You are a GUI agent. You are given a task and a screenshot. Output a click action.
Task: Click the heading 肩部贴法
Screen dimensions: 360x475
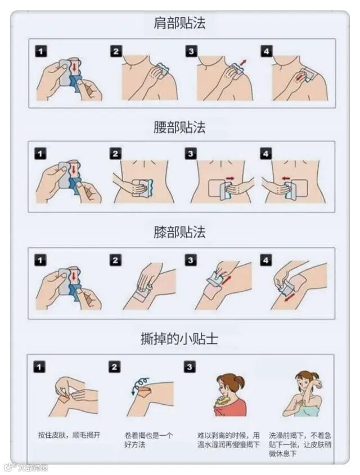(179, 23)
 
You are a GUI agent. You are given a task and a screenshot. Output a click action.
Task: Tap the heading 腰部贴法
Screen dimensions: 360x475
(179, 127)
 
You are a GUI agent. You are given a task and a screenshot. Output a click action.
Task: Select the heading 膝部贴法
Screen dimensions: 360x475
(179, 232)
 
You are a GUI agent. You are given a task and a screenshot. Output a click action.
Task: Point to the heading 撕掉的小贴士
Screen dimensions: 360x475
(179, 338)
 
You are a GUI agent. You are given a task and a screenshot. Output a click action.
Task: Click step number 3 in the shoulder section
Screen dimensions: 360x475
(191, 51)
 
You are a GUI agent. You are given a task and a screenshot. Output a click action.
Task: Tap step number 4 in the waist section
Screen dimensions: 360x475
(265, 153)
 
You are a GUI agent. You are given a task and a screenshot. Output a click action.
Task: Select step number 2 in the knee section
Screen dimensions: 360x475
(115, 260)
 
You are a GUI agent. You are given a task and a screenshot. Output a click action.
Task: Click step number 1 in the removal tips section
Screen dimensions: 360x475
(39, 367)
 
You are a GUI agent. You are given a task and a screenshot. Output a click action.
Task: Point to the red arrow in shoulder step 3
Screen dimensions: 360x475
(243, 63)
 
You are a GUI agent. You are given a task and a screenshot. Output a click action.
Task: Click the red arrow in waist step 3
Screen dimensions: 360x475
(230, 178)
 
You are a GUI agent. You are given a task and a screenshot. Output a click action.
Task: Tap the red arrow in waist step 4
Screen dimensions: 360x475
(285, 178)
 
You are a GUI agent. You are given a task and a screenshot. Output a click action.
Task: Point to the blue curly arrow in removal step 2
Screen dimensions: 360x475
(139, 384)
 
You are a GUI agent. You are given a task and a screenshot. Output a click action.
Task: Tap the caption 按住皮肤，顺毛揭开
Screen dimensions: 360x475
(69, 435)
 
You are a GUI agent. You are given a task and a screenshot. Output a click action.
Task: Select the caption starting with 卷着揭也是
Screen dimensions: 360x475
(148, 440)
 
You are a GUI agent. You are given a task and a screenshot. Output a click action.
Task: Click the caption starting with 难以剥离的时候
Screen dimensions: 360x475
(228, 440)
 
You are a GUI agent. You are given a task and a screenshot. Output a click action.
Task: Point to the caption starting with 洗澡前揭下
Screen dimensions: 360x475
(300, 445)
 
